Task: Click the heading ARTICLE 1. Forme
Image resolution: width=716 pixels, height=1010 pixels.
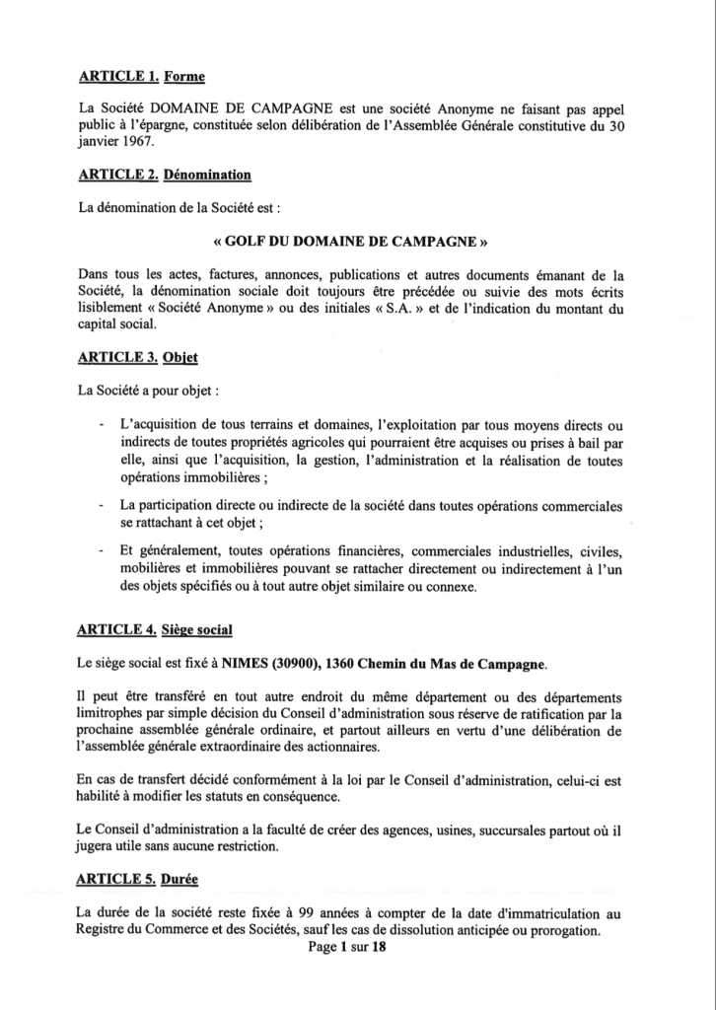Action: pyautogui.click(x=140, y=76)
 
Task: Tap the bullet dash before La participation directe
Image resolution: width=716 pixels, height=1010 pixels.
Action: pyautogui.click(x=105, y=506)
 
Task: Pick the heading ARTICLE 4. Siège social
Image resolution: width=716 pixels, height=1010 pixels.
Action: pyautogui.click(x=156, y=628)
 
